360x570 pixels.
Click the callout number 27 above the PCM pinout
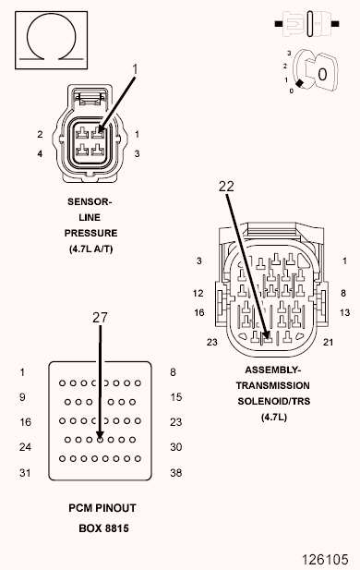tap(100, 316)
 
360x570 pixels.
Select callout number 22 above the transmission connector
tap(227, 187)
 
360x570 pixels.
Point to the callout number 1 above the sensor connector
tap(135, 68)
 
